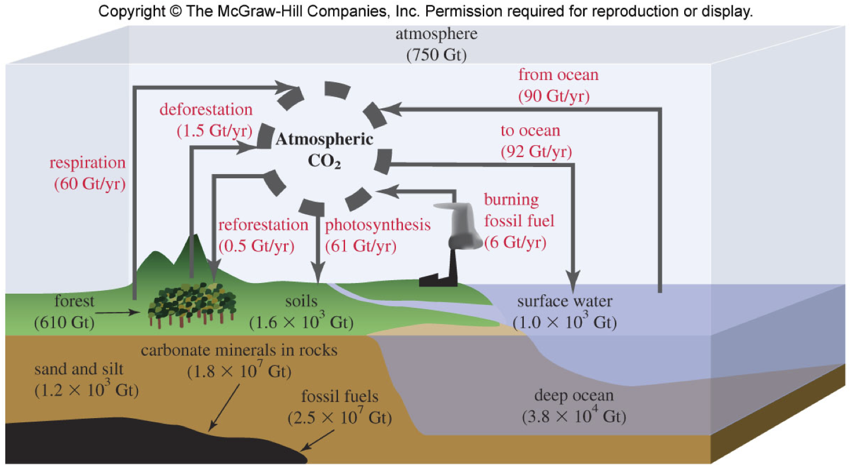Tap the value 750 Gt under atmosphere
click(437, 56)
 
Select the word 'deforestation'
click(206, 110)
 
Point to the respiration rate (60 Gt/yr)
click(89, 184)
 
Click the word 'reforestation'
click(263, 225)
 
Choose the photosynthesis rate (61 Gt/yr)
click(362, 245)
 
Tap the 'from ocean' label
click(558, 75)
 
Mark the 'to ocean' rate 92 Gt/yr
click(536, 152)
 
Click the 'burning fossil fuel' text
click(520, 210)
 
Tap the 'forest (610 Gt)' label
click(65, 311)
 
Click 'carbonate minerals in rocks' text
click(239, 351)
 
